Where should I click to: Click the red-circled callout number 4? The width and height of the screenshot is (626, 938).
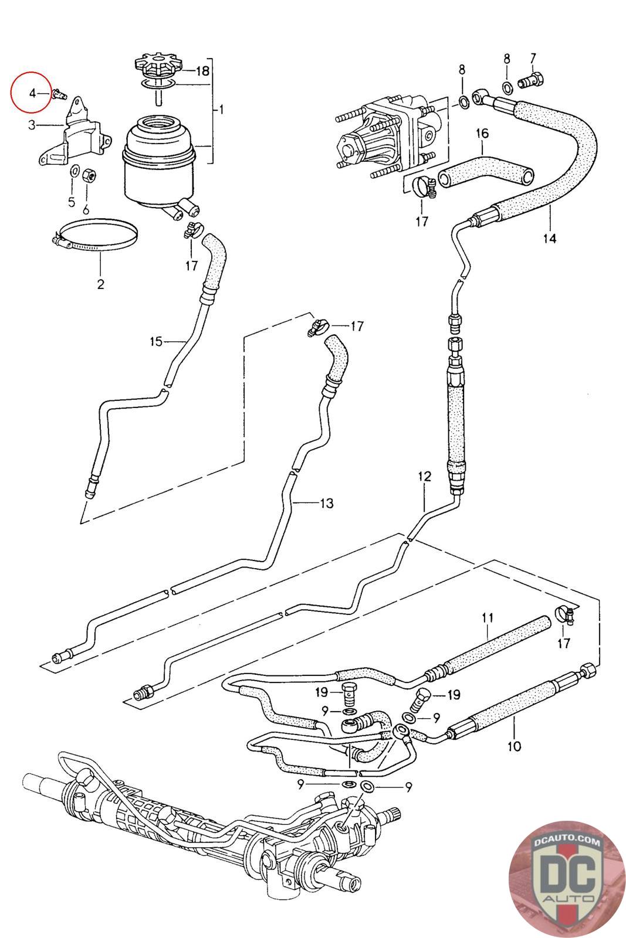[33, 93]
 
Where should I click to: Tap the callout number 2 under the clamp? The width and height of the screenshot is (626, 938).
[100, 284]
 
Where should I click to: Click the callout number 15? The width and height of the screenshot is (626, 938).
[155, 341]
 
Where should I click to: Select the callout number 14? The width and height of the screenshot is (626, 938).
[550, 238]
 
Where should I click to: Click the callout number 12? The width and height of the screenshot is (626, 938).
[424, 477]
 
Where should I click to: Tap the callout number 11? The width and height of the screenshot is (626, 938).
[488, 617]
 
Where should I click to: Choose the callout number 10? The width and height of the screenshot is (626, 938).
[514, 746]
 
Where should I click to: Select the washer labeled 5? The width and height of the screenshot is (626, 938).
[75, 171]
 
